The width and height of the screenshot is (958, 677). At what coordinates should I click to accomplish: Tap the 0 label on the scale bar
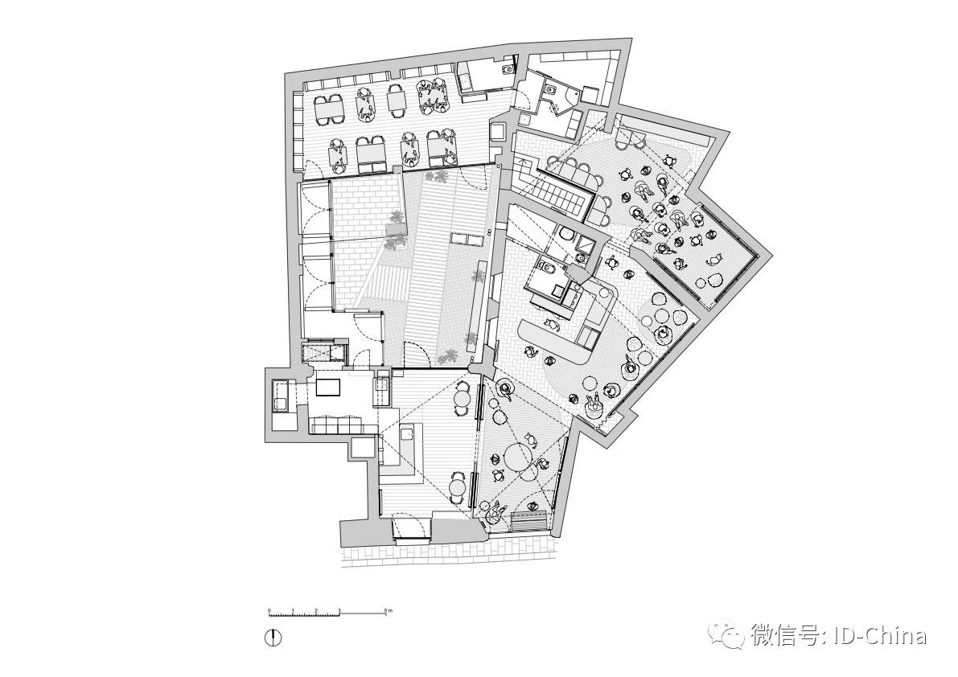click(x=269, y=612)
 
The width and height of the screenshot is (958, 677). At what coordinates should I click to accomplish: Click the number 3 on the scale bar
click(x=339, y=612)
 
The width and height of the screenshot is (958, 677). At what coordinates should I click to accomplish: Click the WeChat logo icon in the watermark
click(x=732, y=636)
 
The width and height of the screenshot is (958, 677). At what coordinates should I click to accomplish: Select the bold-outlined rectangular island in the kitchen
click(x=328, y=387)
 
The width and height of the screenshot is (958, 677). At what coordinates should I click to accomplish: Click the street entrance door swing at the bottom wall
click(x=410, y=527)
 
